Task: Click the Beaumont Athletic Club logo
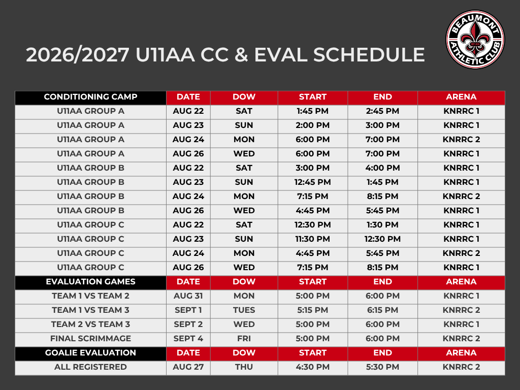[x=475, y=40]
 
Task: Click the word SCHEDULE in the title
[x=369, y=55]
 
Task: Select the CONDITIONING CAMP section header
[x=90, y=97]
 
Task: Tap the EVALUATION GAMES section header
[x=90, y=281]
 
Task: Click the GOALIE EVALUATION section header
[x=90, y=352]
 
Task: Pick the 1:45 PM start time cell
[x=313, y=111]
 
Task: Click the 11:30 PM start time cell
[x=313, y=239]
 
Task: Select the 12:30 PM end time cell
[x=383, y=239]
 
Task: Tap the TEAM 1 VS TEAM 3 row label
[x=90, y=310]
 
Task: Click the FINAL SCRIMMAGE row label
[x=90, y=339]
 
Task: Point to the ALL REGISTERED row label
[x=90, y=367]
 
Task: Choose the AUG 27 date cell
[x=188, y=367]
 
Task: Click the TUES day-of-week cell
[x=244, y=310]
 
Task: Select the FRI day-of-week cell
[x=244, y=339]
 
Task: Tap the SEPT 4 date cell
[x=188, y=339]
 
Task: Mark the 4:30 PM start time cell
[x=313, y=367]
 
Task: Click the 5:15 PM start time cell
[x=313, y=310]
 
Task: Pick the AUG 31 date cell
[x=188, y=296]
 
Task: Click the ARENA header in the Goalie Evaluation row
[x=461, y=352]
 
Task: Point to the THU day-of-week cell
[x=244, y=367]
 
